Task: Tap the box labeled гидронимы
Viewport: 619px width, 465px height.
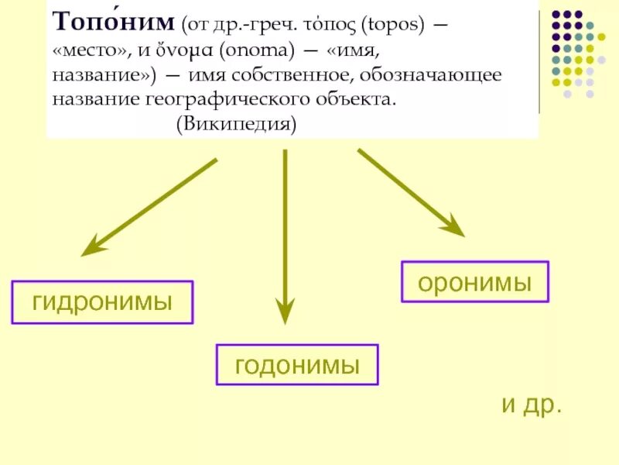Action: click(x=102, y=302)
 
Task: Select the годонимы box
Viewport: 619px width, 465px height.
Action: click(x=297, y=364)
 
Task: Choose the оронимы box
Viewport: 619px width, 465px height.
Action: click(x=474, y=282)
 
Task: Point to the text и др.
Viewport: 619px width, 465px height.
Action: click(x=531, y=405)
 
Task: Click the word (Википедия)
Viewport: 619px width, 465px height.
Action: click(x=235, y=124)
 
